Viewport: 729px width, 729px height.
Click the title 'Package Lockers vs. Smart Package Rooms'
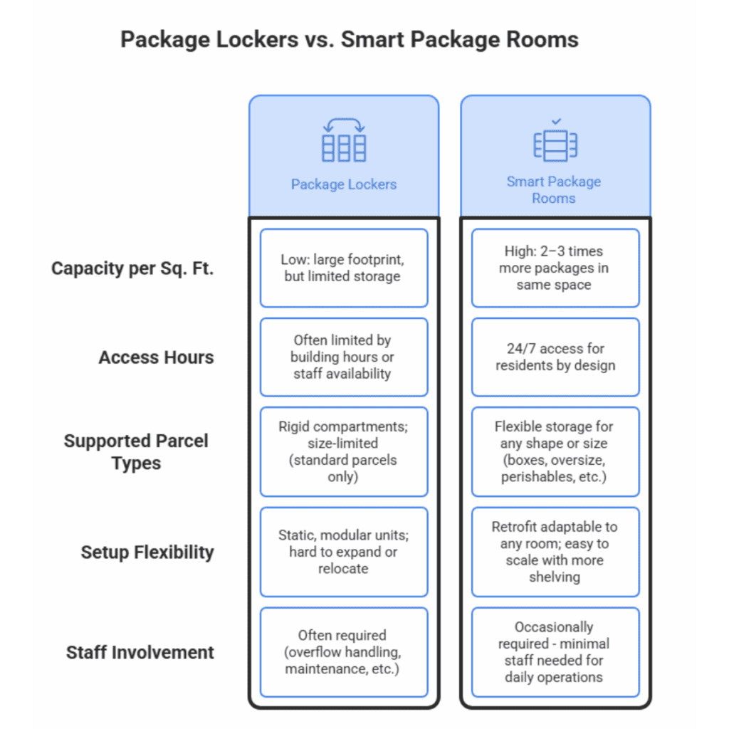(x=349, y=38)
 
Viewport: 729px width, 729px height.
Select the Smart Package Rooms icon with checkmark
(x=555, y=142)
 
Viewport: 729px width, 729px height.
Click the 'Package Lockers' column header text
(x=343, y=184)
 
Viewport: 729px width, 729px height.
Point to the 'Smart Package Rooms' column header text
(x=554, y=189)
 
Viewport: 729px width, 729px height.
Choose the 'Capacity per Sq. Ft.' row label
(x=132, y=269)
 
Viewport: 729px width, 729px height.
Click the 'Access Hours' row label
(x=156, y=357)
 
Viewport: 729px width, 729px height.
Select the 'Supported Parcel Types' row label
(x=136, y=451)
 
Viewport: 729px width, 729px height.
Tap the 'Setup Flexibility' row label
(x=147, y=552)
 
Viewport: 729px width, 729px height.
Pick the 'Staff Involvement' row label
(x=140, y=652)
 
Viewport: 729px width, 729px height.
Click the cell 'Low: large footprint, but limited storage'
(x=343, y=268)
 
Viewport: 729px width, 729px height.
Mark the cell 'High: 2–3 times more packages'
(x=555, y=268)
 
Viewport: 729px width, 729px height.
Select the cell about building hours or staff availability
(x=343, y=357)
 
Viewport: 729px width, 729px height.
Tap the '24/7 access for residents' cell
(x=555, y=357)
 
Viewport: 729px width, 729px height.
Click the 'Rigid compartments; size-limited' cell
(x=343, y=451)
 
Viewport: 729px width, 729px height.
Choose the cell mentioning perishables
(x=555, y=451)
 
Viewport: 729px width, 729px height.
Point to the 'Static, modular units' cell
(x=343, y=552)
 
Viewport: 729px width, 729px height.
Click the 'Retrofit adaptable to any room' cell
(x=555, y=552)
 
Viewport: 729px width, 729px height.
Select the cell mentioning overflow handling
(x=343, y=652)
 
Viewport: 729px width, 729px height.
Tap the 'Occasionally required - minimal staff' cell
(x=555, y=652)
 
